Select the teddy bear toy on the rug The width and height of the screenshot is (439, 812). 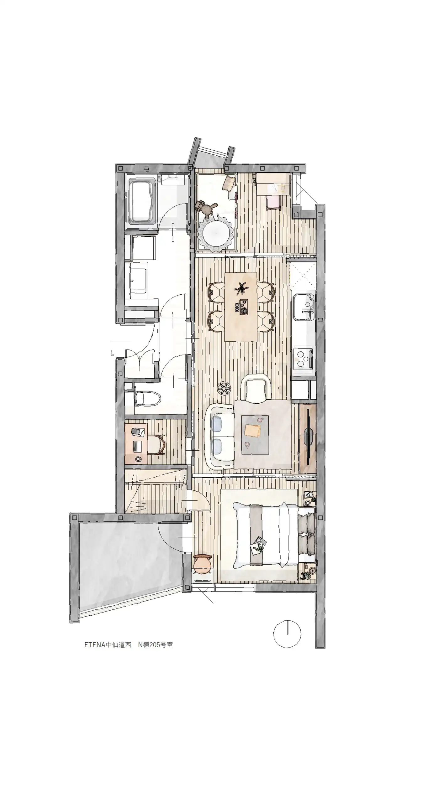click(x=207, y=208)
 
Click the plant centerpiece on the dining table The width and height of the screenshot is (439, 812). click(x=241, y=288)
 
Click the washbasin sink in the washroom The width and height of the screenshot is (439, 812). click(x=138, y=280)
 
